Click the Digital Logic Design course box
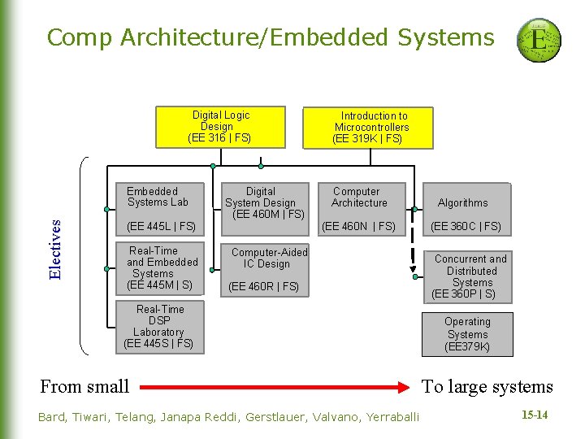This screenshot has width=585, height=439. coord(220,127)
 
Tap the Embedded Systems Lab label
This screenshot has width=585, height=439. coord(157,197)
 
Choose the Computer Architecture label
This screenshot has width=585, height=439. coord(358,197)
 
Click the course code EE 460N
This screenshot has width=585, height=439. coord(358,226)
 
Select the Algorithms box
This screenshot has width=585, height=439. coord(462,202)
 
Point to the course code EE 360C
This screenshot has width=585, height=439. coord(466,226)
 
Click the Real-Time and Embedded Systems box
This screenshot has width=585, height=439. coord(161,267)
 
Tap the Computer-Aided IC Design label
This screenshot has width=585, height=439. coord(269,258)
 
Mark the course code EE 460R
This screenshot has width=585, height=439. coord(263,286)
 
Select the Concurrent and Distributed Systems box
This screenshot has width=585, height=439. coord(470,276)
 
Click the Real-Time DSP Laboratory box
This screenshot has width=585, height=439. coord(158,326)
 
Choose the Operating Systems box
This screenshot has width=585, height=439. coord(467,334)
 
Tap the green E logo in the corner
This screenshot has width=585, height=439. coord(538,41)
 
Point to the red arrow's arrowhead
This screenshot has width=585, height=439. coord(401,386)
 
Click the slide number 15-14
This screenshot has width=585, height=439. coord(534,415)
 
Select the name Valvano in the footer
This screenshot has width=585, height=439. coord(329,417)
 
